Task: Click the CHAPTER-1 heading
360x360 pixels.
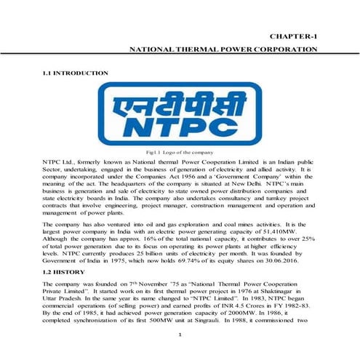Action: point(294,36)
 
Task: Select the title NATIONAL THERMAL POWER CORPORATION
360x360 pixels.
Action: point(223,49)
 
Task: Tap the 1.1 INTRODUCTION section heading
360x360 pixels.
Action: point(76,73)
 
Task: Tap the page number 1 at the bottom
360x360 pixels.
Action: point(180,334)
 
